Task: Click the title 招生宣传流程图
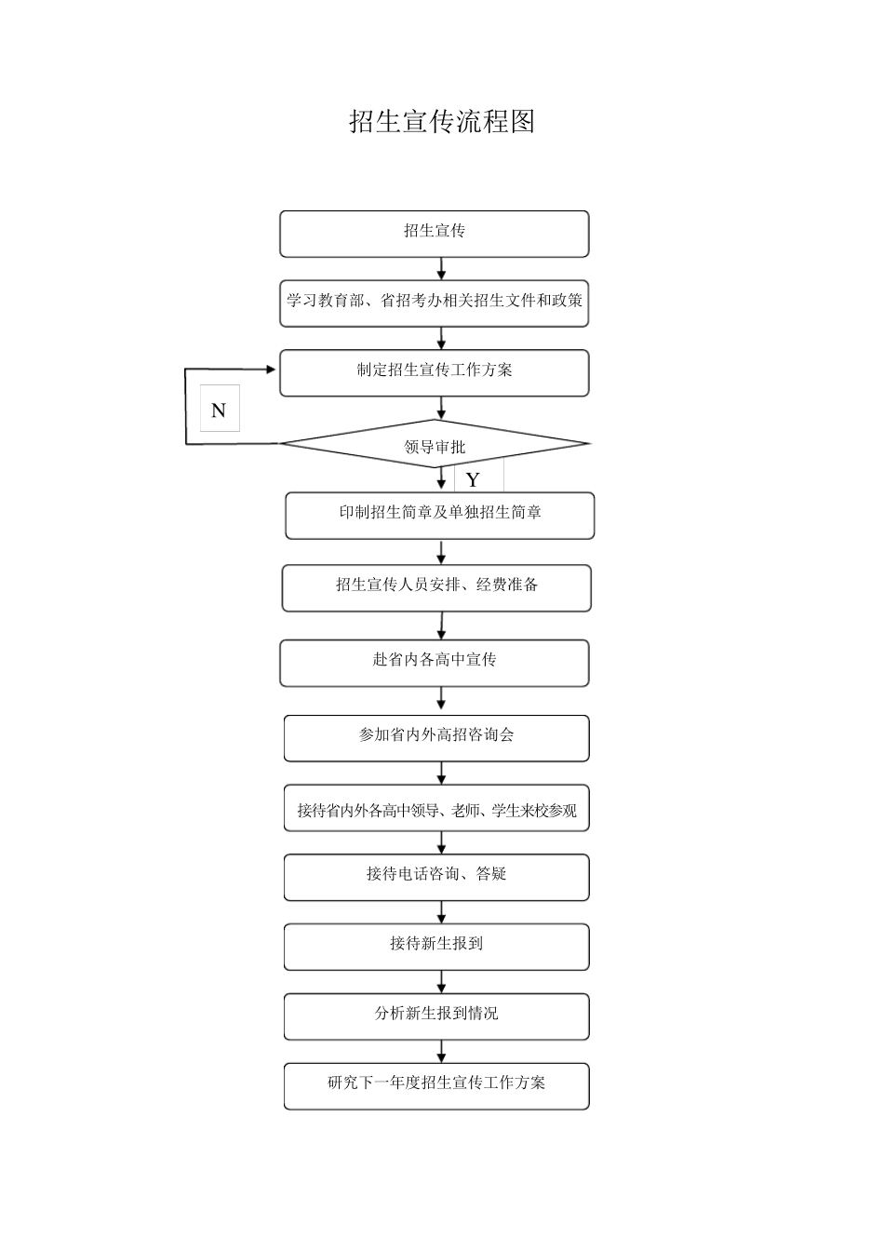point(442,122)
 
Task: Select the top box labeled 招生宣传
point(435,233)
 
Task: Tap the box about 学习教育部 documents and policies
point(435,303)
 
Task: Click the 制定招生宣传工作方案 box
point(435,372)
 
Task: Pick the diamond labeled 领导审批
point(435,445)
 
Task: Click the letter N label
point(220,410)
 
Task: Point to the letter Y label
point(474,479)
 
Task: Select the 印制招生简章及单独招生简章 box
point(440,515)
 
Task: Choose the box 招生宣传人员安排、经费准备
point(436,587)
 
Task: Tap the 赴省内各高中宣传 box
point(435,663)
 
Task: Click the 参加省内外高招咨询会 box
point(436,737)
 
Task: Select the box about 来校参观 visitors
point(436,808)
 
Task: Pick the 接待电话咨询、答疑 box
point(436,877)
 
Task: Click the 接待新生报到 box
point(436,947)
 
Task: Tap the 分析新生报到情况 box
point(436,1016)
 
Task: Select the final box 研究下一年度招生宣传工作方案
point(436,1085)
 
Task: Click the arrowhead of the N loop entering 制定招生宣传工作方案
point(271,370)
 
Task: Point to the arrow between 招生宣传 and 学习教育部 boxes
point(442,269)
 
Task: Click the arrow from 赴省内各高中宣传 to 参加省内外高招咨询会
point(441,701)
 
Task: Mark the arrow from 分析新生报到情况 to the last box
point(442,1052)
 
